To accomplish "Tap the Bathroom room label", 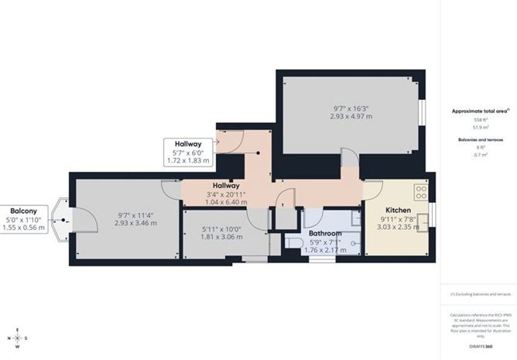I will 325,232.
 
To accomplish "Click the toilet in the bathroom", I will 292,243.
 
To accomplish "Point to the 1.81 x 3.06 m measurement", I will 222,237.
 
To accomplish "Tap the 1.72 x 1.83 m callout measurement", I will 188,161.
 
